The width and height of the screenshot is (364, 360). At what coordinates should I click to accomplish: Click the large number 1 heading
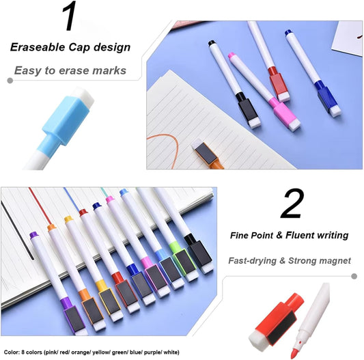coord(70,16)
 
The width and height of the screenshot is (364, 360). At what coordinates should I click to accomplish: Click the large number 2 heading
coord(292,204)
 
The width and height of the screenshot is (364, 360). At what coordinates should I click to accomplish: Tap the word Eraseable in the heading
coord(38,47)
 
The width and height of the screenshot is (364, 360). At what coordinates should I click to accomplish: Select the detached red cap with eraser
coord(277,320)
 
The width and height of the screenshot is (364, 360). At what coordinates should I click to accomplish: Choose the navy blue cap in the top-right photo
coord(327,98)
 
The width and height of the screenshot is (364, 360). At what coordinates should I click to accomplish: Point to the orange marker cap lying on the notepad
coord(206,154)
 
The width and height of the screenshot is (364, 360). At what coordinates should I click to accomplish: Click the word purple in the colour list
coord(152,352)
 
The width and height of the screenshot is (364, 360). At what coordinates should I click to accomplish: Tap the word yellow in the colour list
coord(101,352)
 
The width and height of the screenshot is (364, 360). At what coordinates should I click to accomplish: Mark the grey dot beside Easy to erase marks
coord(10,81)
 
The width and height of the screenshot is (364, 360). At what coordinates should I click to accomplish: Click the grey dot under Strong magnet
coord(354,276)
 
